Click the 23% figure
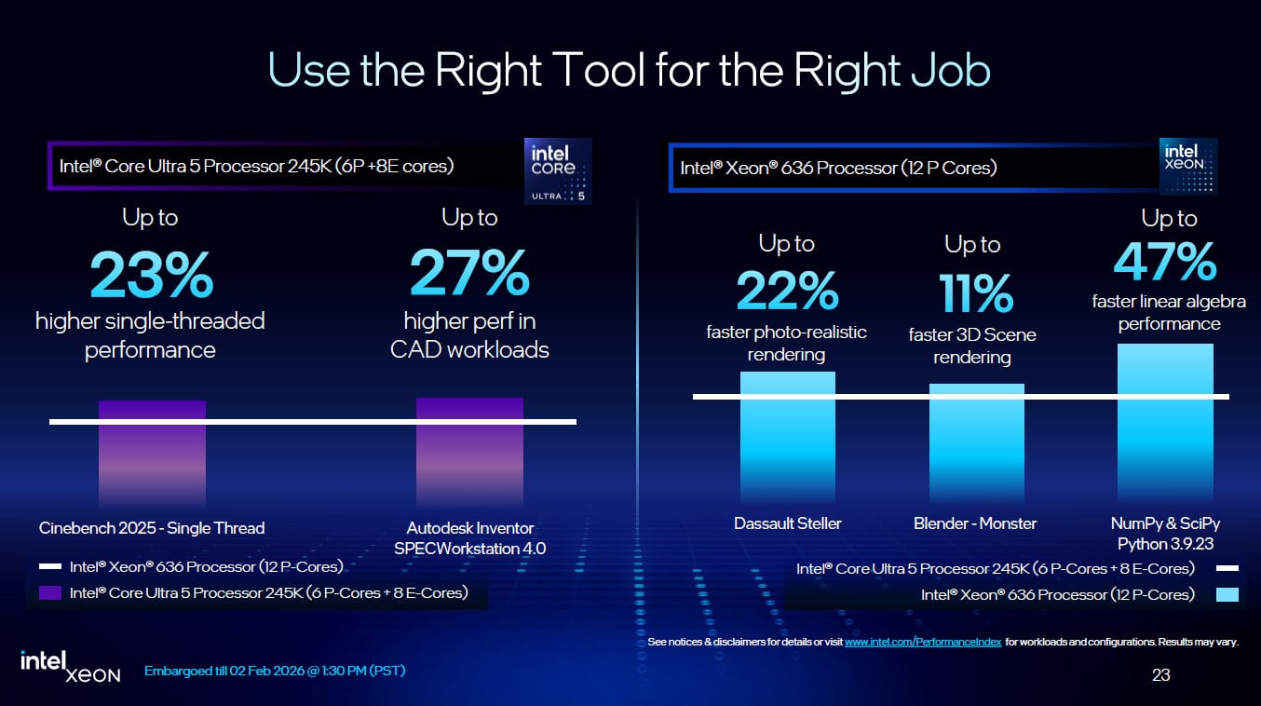152,273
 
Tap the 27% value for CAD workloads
469,273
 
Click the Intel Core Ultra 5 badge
558,170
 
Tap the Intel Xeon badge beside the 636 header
1188,166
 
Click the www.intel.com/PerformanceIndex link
923,643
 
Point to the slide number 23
1160,675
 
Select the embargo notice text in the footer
275,671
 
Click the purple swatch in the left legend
50,592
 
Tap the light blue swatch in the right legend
1227,594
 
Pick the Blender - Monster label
974,523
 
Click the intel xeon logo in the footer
71,665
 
